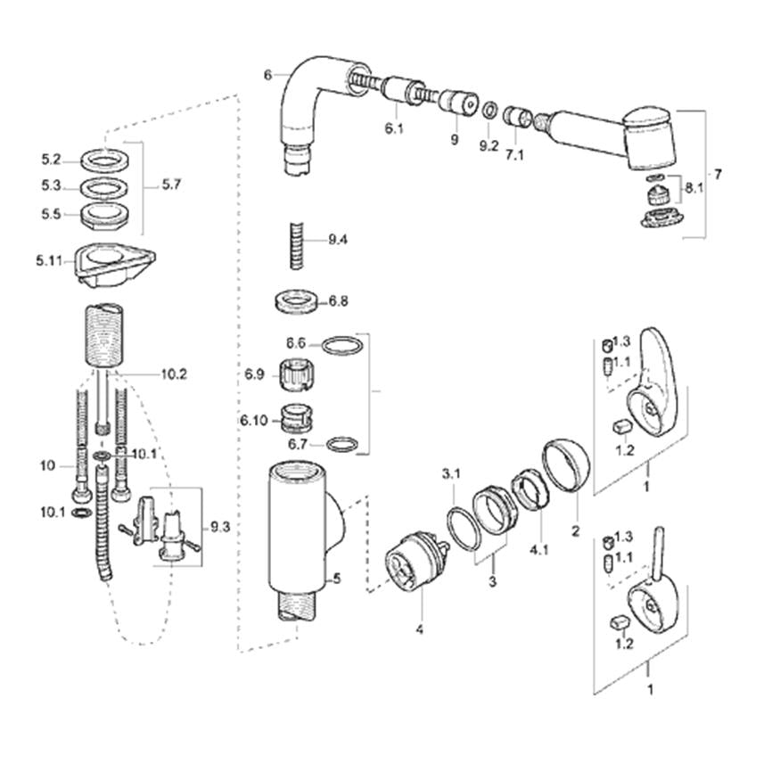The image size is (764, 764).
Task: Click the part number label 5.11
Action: pos(49,261)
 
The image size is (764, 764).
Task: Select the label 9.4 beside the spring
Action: pos(338,240)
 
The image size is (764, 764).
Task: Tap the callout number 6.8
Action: pos(338,301)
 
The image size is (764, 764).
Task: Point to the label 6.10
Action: pos(254,420)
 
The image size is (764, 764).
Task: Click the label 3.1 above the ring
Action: pos(451,473)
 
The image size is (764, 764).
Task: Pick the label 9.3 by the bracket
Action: pos(220,527)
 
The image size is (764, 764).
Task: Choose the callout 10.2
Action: pos(174,374)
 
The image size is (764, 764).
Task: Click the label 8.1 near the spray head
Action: pos(694,187)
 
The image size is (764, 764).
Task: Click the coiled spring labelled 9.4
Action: pos(297,245)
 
